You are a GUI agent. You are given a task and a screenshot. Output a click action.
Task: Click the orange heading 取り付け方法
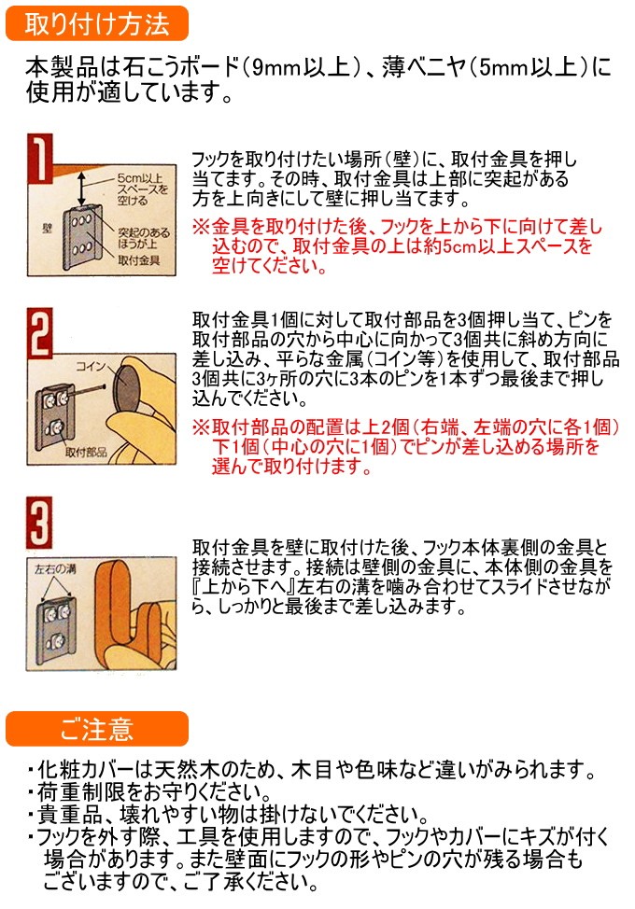point(97,24)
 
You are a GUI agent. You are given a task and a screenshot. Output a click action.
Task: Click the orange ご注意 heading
point(97,729)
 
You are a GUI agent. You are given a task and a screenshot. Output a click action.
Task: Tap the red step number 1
point(40,158)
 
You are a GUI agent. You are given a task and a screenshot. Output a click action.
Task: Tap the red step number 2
point(40,333)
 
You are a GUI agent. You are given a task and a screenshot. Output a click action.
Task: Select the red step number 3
point(39,523)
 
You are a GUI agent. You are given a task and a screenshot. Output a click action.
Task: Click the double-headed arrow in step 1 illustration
point(82,187)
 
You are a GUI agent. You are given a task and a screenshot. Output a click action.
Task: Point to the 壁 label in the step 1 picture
point(48,228)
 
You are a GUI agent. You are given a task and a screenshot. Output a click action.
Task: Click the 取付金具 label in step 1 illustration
point(138,260)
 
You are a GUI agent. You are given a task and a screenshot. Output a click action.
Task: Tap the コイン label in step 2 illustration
point(91,366)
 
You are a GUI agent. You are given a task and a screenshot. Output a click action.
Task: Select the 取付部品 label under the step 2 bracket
point(86,452)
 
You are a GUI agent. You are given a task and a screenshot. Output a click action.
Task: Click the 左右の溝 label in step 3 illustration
point(55,568)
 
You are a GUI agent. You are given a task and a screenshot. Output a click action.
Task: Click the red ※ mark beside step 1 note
point(201,226)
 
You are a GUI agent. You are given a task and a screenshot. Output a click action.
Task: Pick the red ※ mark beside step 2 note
point(201,427)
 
